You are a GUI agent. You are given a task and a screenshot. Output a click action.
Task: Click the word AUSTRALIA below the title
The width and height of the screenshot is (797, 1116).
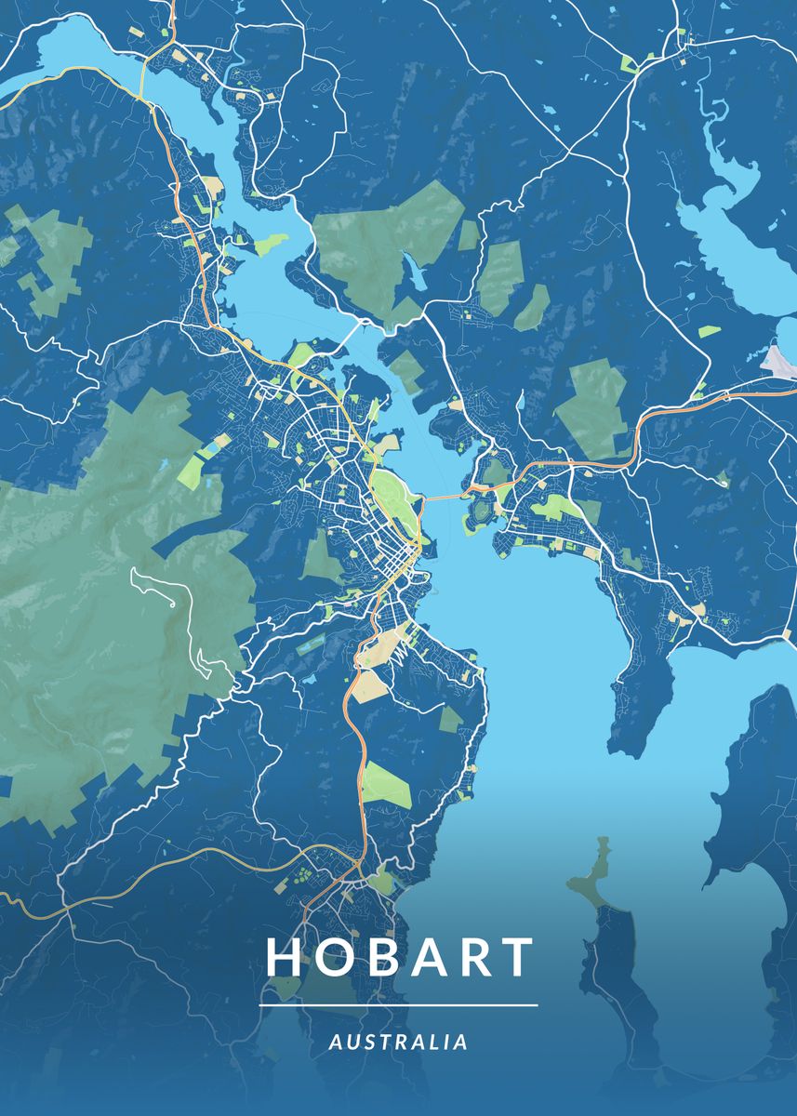[398, 1043]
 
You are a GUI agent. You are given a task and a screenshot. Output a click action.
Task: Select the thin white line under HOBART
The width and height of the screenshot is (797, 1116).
[398, 1005]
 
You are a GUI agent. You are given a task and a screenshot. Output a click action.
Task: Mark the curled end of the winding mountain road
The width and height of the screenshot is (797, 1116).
[173, 604]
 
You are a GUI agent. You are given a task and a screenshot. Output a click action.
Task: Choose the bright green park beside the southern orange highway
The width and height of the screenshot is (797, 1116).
[386, 783]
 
